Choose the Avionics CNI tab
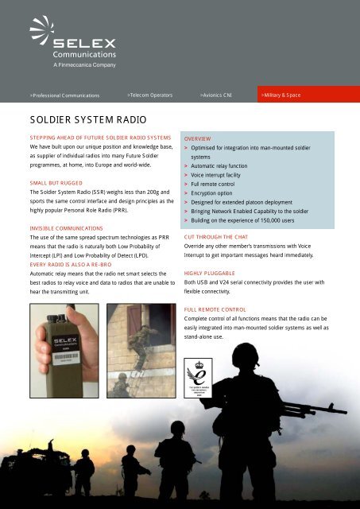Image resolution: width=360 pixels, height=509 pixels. point(222,95)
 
